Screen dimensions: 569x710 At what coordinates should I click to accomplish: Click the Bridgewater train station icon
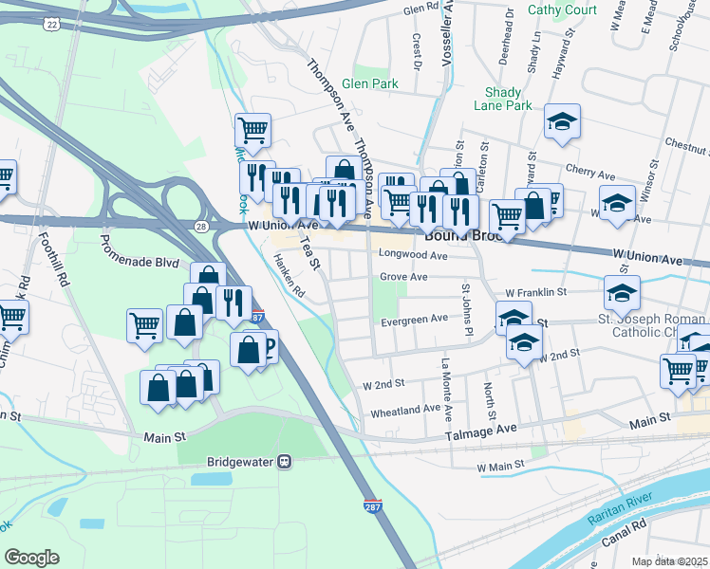[283, 462]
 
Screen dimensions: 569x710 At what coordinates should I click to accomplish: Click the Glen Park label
[370, 84]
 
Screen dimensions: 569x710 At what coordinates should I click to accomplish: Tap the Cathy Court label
[562, 10]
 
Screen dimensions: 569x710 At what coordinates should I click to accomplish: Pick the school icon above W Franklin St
[622, 291]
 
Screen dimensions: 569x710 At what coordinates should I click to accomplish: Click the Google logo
[31, 557]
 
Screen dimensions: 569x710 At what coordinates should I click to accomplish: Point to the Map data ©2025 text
[669, 561]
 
